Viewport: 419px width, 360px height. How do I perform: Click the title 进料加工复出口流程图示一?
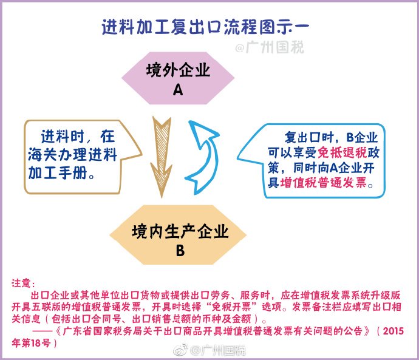point(205,27)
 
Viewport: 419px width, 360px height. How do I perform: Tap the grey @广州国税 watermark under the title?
point(270,47)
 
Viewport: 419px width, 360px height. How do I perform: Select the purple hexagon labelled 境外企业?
point(178,78)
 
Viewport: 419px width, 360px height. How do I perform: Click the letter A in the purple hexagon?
point(178,90)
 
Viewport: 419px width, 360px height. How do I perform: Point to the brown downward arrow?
point(162,157)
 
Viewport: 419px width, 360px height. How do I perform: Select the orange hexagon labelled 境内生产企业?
point(178,235)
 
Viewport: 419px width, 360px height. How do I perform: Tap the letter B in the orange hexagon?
point(180,251)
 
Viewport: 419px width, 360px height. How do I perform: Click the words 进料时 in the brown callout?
point(63,137)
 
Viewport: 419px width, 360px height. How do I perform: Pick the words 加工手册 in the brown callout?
point(58,173)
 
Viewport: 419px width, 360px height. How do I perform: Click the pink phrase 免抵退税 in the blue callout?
point(342,153)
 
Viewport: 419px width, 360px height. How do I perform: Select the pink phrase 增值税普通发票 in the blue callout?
point(323,183)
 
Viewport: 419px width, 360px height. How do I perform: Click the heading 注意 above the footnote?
point(21,284)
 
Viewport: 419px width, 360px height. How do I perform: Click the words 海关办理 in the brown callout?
point(58,155)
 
